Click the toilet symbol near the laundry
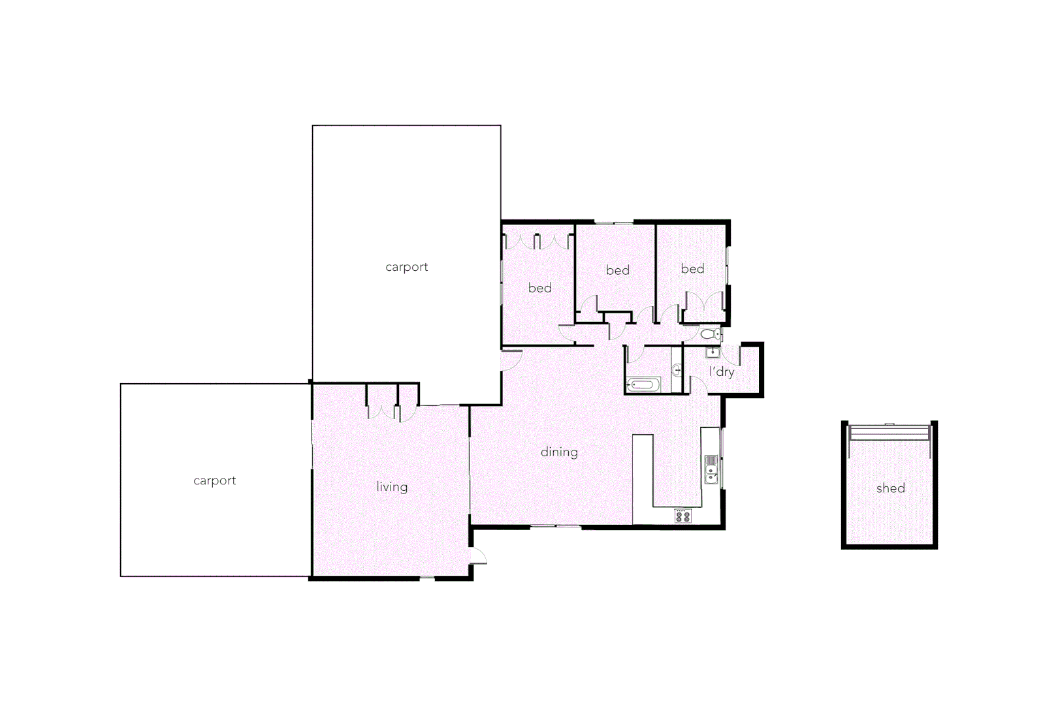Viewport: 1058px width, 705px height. (x=710, y=334)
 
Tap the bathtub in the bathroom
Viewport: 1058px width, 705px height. (x=643, y=385)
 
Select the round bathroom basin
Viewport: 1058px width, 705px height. (x=677, y=370)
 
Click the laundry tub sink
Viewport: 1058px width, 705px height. (x=713, y=353)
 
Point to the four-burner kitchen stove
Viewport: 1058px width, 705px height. (x=683, y=516)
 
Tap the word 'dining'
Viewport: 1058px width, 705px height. (x=559, y=452)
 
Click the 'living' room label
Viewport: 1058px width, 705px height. (x=392, y=487)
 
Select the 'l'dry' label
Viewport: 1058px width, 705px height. (x=722, y=372)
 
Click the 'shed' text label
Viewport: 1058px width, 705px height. (x=890, y=488)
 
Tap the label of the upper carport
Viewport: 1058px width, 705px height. (x=406, y=267)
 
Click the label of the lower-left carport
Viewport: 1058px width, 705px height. (x=214, y=481)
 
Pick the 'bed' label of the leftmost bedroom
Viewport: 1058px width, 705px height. (x=539, y=288)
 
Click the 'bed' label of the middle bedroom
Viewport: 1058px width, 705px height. (x=617, y=270)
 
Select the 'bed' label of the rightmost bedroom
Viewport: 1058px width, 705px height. (x=692, y=269)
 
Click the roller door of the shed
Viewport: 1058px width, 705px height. (x=889, y=432)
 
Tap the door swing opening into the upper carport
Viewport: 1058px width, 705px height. (x=510, y=360)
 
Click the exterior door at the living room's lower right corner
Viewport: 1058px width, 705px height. (x=477, y=556)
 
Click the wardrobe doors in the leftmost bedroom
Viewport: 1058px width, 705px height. (x=537, y=242)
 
